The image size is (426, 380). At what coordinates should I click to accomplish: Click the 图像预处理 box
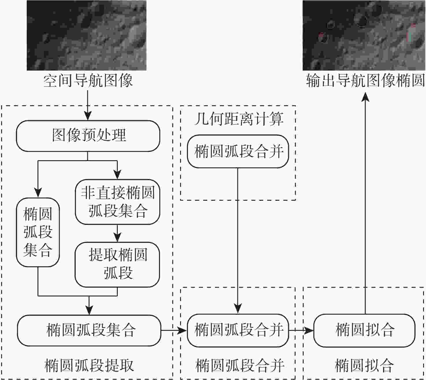[88, 136]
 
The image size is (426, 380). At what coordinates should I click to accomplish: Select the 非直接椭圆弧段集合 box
[117, 202]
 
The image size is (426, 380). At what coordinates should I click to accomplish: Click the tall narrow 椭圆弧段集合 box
[38, 232]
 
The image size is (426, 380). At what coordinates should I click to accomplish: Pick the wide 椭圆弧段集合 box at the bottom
[89, 330]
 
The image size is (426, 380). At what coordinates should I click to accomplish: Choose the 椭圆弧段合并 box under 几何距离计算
[238, 151]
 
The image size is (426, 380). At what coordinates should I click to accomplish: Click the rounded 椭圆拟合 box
[364, 330]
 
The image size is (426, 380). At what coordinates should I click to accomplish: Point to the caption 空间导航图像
[88, 81]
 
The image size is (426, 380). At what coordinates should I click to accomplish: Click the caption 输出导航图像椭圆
[365, 81]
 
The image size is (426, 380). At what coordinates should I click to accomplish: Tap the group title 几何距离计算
[238, 119]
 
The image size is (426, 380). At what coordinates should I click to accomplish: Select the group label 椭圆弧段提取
[89, 366]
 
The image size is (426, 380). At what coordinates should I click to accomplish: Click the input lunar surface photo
[87, 35]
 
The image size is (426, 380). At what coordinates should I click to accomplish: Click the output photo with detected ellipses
[364, 35]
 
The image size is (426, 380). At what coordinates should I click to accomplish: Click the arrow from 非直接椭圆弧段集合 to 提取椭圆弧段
[117, 233]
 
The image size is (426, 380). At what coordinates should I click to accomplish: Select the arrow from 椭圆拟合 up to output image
[365, 202]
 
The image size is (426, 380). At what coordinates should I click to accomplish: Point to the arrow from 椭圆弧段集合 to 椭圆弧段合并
[174, 330]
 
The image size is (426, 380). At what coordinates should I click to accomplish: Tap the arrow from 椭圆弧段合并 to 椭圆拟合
[301, 330]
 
